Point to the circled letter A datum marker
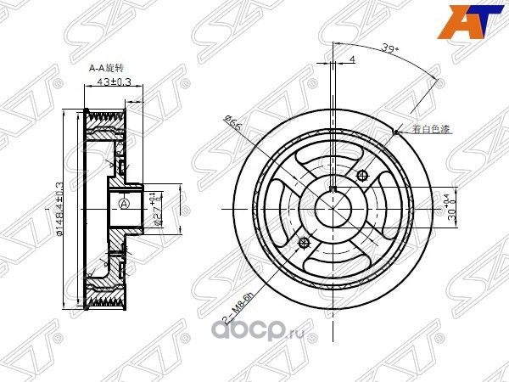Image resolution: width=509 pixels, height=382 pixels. (125, 204)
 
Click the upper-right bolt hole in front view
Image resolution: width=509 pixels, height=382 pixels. (363, 176)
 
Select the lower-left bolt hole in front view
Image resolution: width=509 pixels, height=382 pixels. (304, 243)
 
